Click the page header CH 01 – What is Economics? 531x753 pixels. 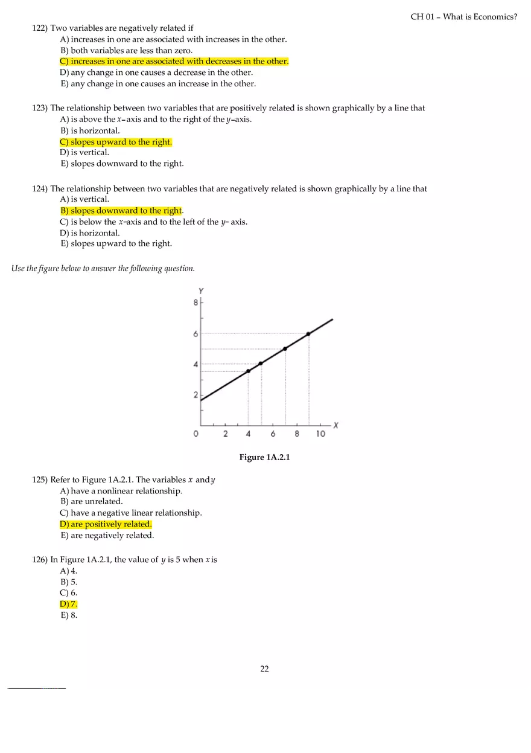point(463,17)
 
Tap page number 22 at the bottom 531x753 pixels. point(264,668)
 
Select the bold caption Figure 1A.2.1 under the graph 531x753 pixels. point(264,457)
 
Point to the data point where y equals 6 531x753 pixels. point(308,334)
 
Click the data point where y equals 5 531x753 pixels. point(285,348)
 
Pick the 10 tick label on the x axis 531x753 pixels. point(320,434)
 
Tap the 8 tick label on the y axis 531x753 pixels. point(196,303)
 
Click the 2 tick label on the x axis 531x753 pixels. point(225,434)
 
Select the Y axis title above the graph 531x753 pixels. point(201,291)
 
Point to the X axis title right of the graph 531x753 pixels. point(335,425)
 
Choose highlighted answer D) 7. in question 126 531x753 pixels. point(68,604)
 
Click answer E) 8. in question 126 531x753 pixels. point(68,615)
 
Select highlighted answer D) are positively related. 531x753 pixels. point(106,524)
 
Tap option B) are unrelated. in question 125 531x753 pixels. point(91,501)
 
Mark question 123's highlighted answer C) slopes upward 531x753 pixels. point(115,142)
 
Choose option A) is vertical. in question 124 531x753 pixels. point(84,199)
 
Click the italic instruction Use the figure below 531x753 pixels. point(103,269)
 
